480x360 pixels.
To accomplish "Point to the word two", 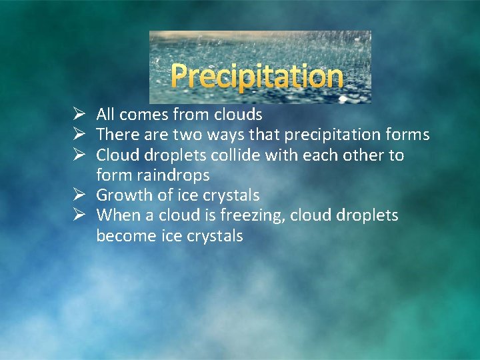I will point(186,135).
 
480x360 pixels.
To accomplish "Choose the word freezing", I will point(253,216).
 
